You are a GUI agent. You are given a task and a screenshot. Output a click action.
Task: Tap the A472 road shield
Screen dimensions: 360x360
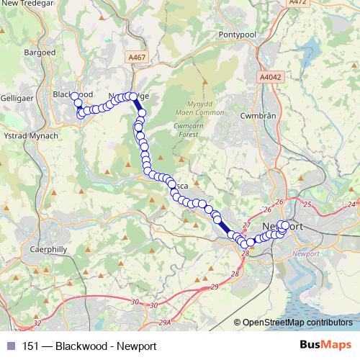[x=318, y=4]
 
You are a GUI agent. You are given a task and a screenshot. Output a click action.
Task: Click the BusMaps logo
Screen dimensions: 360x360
[x=326, y=346]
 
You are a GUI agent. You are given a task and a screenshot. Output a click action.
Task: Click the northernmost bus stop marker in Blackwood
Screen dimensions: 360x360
[x=74, y=96]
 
